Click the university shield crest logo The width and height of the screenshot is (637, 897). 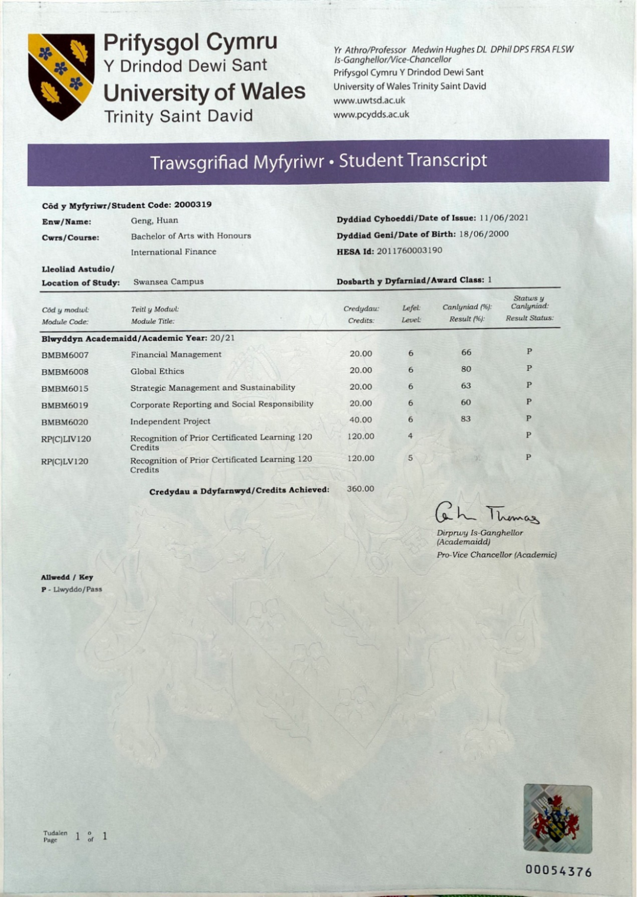[x=61, y=76]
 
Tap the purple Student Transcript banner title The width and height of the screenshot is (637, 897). [x=318, y=161]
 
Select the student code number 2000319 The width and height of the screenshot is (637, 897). [x=193, y=205]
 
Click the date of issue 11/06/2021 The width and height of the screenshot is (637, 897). [x=504, y=218]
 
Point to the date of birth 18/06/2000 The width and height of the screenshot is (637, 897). [x=484, y=234]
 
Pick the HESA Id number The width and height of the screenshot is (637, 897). [x=409, y=250]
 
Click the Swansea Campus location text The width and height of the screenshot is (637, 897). [x=168, y=282]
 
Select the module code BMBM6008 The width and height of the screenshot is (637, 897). [x=65, y=372]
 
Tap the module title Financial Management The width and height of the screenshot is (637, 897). [x=176, y=354]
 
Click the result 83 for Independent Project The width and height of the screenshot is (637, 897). [x=466, y=419]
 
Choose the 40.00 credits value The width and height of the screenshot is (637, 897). [x=360, y=420]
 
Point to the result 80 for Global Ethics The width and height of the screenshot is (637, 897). [x=466, y=369]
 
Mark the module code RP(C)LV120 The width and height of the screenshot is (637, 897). [x=65, y=462]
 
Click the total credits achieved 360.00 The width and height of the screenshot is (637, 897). [x=360, y=489]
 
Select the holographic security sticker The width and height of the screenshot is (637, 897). [x=557, y=818]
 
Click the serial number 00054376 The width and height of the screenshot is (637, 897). [x=559, y=872]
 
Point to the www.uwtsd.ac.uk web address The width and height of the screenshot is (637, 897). [x=369, y=100]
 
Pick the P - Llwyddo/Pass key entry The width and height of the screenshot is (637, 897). [x=71, y=589]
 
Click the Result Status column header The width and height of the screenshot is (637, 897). [x=529, y=318]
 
